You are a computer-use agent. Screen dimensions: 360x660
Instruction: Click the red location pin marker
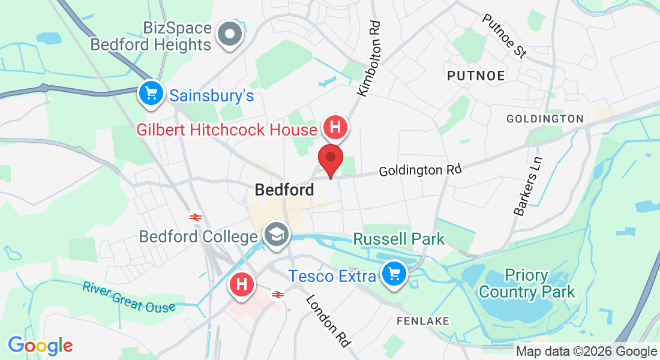330,158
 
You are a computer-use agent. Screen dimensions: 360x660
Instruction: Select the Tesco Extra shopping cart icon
394,274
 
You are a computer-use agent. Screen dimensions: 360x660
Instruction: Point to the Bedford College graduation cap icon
277,235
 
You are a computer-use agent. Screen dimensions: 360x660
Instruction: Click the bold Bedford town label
284,190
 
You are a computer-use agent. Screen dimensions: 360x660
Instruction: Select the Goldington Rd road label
420,170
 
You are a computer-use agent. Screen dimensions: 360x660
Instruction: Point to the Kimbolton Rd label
368,59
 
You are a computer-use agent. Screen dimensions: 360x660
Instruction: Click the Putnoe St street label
504,35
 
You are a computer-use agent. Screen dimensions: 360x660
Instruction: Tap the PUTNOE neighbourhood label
476,75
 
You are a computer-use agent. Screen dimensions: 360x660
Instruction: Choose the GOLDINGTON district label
545,119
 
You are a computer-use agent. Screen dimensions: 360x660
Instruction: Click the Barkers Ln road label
528,187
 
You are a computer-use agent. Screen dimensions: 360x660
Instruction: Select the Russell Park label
399,239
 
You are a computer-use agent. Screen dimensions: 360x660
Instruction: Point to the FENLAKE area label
423,321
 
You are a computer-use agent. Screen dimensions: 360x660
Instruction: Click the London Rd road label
328,321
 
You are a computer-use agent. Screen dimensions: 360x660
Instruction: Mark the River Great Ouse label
129,297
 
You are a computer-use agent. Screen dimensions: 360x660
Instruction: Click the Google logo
40,345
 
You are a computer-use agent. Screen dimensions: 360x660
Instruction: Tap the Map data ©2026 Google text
587,352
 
